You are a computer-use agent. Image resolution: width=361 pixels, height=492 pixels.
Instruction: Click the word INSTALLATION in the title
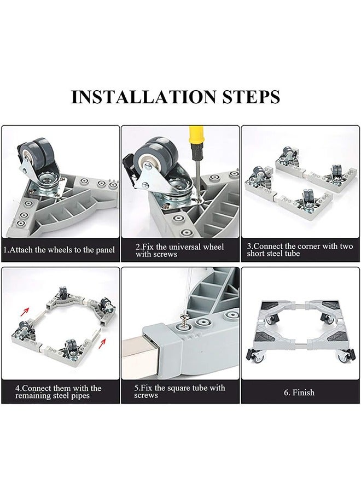coord(144,97)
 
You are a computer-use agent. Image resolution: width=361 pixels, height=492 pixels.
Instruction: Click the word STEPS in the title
coord(251,97)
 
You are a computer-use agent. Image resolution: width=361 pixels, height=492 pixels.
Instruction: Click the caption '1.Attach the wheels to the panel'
coord(59,250)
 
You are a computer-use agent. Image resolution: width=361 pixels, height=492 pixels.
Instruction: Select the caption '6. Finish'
coord(299,392)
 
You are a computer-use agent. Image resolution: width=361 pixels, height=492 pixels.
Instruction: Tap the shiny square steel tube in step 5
coord(141,355)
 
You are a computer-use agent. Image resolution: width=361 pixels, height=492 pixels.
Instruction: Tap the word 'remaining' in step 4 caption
coord(33,396)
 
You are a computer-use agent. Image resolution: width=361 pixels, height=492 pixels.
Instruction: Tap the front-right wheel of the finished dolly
coord(345,355)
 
